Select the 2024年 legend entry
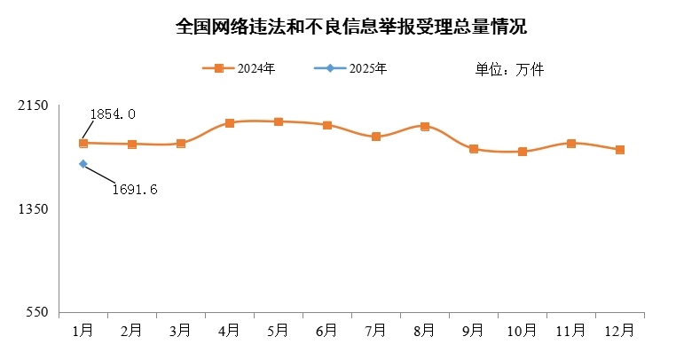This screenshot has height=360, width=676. coord(240,68)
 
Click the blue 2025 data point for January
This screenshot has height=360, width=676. coord(83,164)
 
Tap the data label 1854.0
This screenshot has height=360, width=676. coord(113,114)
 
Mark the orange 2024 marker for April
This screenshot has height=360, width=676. coord(230,123)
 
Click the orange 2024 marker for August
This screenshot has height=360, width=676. coord(425,127)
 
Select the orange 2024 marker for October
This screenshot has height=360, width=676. coord(523,152)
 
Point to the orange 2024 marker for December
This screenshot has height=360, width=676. coord(620,150)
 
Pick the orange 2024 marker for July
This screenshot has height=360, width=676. coord(376,137)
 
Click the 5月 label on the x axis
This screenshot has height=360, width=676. coord(278,330)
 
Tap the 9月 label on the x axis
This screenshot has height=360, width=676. coord(473,330)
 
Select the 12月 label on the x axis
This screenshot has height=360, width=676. coord(619,330)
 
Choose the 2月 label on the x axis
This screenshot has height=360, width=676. coord(131,330)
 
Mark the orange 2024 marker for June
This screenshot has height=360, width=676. coord(327,126)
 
